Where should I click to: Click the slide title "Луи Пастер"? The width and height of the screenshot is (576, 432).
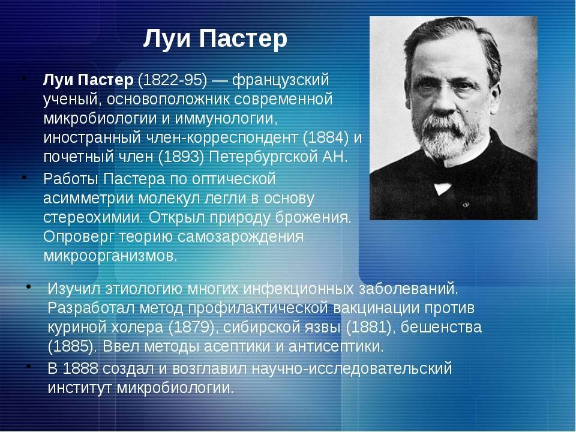point(215,39)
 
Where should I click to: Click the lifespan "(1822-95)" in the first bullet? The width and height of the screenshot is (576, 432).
point(172,80)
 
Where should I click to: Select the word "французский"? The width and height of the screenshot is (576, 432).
point(280,80)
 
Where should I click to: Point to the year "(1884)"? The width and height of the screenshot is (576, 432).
point(326,137)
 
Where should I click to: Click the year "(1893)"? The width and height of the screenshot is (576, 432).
point(181,157)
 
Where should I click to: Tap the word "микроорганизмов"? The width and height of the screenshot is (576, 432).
point(110,256)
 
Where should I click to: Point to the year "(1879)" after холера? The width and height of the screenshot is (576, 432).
point(191,327)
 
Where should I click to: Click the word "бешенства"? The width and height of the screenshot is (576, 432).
point(441,327)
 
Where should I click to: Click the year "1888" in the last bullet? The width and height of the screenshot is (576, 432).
point(80,368)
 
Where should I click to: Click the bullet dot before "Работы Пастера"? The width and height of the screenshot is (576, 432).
point(25,178)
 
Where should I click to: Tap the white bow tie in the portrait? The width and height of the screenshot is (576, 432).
point(443,188)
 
